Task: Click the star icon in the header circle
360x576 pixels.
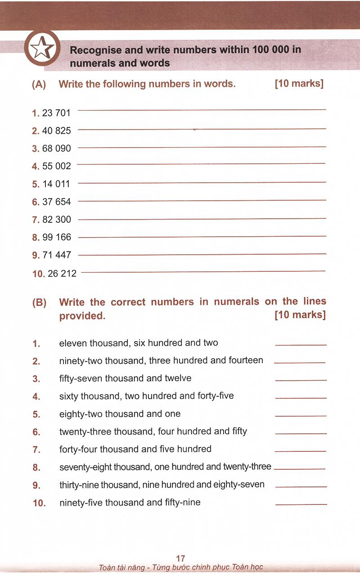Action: pos(42,48)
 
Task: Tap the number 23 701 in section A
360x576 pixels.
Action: pos(56,113)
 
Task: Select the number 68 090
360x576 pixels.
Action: pos(57,148)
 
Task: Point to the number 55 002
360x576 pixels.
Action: pos(57,166)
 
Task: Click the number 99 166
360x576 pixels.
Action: pos(57,237)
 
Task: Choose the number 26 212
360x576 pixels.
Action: pos(62,273)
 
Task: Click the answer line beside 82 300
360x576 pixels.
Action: pos(202,219)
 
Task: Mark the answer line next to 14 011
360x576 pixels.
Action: pos(202,182)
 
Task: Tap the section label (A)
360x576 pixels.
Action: pos(39,84)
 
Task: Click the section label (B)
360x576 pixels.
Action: pos(39,303)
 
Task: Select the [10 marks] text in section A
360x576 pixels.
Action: pos(299,84)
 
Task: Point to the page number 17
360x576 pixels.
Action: pos(180,558)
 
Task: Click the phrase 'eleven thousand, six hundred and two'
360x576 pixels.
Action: pos(139,343)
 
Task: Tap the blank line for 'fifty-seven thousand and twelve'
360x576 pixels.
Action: pos(301,380)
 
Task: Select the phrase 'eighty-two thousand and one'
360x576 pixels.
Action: pos(120,414)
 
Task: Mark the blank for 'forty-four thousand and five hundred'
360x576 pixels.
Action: pos(300,451)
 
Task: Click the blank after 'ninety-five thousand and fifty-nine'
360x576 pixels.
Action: pos(301,504)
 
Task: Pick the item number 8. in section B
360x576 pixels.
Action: pos(36,468)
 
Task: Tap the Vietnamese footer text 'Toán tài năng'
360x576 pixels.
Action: pos(118,567)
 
